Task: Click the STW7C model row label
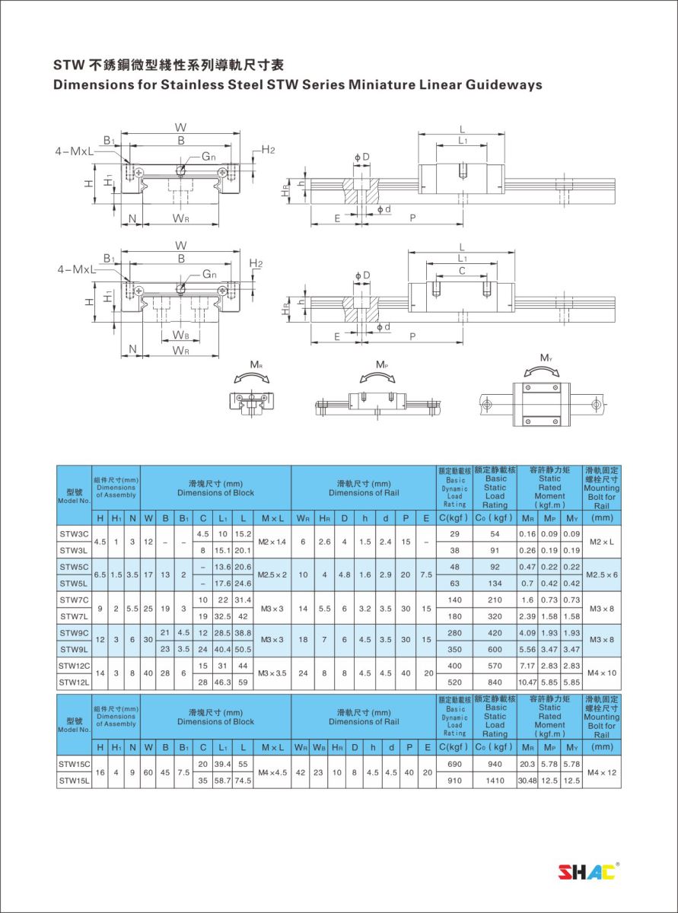pos(74,600)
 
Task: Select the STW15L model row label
pos(74,781)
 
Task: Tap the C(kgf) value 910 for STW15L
pos(454,781)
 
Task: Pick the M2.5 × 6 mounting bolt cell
pos(602,574)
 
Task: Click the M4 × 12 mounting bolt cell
pos(602,772)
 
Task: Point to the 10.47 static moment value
pos(527,682)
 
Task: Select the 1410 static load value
pos(495,781)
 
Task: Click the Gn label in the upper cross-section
pos(208,157)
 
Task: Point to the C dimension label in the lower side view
pos(462,270)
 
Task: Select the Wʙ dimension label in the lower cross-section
pos(180,335)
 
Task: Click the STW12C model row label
pos(74,666)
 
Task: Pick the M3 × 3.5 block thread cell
pos(272,673)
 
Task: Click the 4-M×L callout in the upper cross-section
pos(74,151)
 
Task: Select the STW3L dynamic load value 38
pos(454,550)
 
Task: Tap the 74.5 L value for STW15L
pos(243,781)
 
